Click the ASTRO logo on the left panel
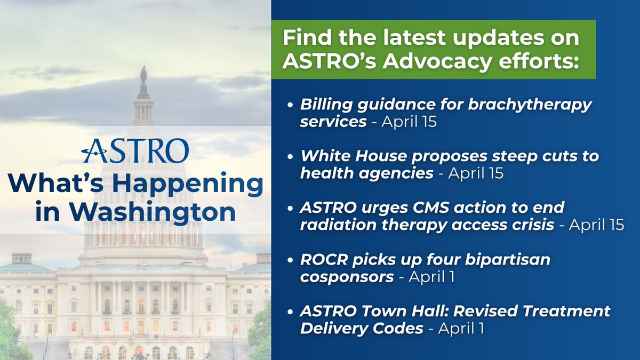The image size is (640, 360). pos(135,151)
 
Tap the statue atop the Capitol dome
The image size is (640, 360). pos(143,75)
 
